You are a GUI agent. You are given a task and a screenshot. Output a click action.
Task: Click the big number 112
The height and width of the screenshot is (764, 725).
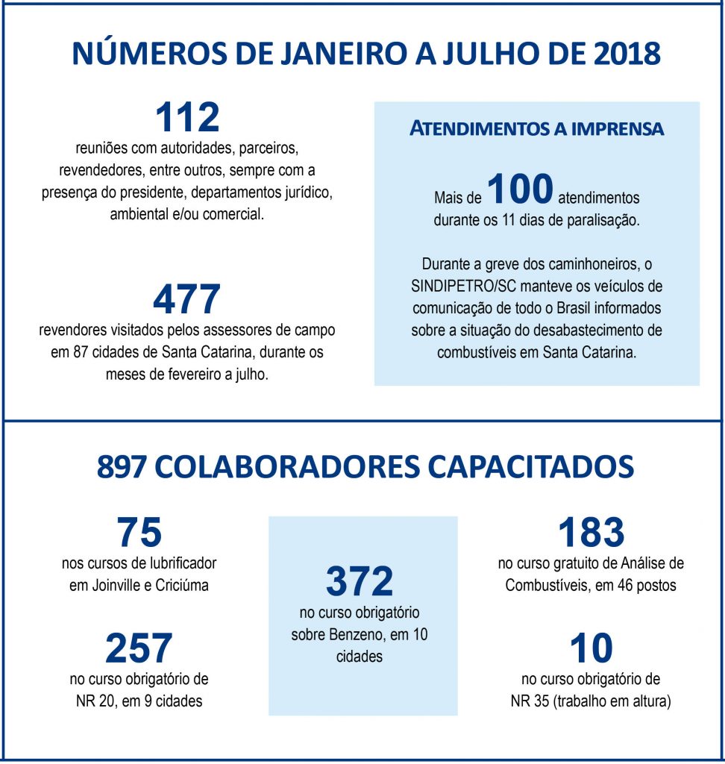(187, 117)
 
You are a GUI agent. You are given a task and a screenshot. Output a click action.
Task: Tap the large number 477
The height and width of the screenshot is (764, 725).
(186, 300)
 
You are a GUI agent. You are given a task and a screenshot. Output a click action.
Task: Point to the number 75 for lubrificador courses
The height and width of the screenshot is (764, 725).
(139, 533)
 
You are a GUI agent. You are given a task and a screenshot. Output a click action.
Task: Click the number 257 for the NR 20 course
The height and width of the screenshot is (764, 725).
(139, 648)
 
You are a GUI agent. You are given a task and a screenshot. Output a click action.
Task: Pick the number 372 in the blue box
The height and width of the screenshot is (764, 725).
(360, 582)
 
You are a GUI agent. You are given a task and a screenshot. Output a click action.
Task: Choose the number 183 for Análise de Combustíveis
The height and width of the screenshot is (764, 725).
(591, 533)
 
